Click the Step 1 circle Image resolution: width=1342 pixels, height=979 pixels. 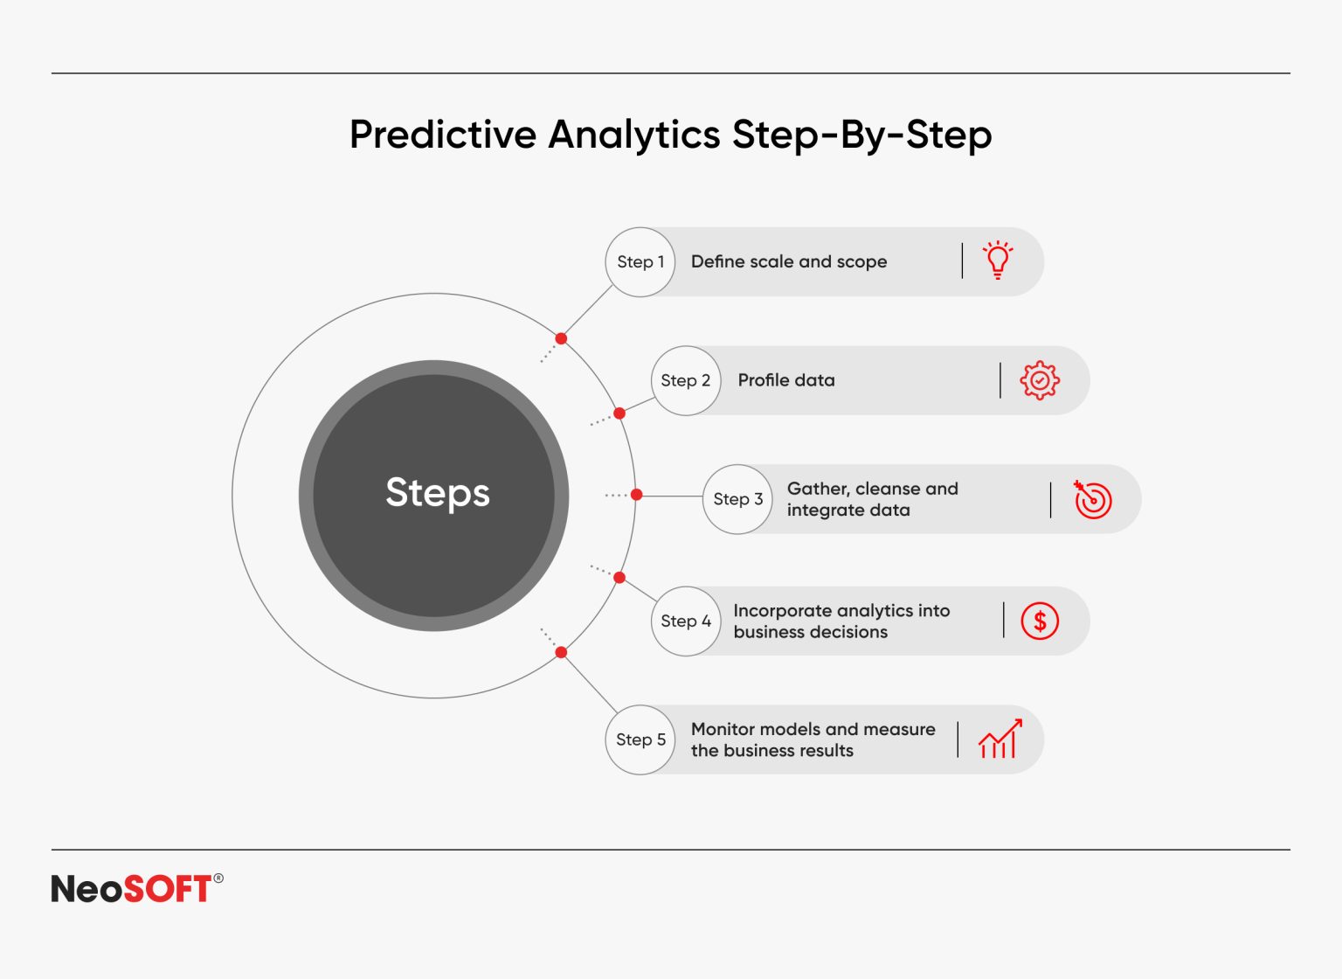pyautogui.click(x=640, y=262)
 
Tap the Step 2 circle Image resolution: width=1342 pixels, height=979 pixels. pyautogui.click(x=686, y=380)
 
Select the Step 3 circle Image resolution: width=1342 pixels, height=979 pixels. pyautogui.click(x=738, y=499)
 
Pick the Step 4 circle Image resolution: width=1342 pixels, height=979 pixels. pyautogui.click(x=686, y=621)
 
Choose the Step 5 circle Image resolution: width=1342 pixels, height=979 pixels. pyautogui.click(x=640, y=739)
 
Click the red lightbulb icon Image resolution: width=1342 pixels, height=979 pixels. pyautogui.click(x=998, y=260)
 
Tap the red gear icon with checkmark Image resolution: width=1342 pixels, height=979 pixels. pyautogui.click(x=1040, y=380)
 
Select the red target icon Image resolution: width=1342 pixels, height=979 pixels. pyautogui.click(x=1092, y=500)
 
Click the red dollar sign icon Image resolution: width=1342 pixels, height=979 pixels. pyautogui.click(x=1040, y=621)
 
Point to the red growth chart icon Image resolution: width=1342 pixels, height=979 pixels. pyautogui.click(x=1000, y=739)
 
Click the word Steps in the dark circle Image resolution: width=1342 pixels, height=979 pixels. pyautogui.click(x=437, y=494)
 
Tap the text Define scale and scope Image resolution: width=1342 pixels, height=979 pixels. pyautogui.click(x=788, y=261)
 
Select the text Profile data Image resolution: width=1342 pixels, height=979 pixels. pyautogui.click(x=785, y=380)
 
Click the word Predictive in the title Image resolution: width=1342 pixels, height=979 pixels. pyautogui.click(x=443, y=135)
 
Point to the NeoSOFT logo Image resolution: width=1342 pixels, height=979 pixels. pyautogui.click(x=136, y=889)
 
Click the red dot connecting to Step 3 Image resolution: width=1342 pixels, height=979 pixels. pyautogui.click(x=637, y=495)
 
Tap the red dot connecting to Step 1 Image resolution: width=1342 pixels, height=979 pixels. pyautogui.click(x=561, y=338)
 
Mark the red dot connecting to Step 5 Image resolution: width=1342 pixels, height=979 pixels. pyautogui.click(x=561, y=652)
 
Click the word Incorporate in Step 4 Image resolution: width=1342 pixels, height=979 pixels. pyautogui.click(x=783, y=611)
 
